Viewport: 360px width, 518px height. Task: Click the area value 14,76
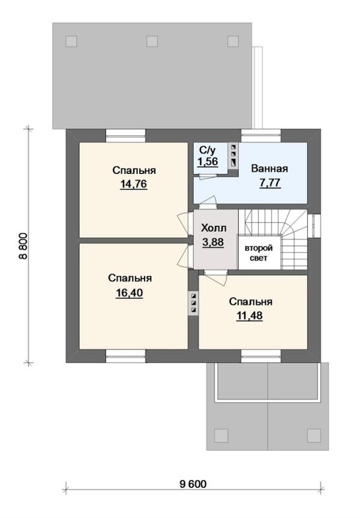134,184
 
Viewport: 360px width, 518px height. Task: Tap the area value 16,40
130,293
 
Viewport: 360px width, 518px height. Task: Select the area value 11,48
250,316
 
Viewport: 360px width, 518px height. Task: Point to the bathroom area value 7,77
270,182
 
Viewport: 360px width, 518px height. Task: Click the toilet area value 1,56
208,162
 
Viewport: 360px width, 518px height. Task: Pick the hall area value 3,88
213,242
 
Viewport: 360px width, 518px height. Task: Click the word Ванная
269,169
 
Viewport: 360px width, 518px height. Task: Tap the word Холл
214,228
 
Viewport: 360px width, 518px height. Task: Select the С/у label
208,150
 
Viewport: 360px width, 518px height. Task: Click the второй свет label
259,253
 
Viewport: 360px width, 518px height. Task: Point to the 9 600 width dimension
193,484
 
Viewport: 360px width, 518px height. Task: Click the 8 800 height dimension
23,246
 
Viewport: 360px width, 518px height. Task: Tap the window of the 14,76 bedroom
125,135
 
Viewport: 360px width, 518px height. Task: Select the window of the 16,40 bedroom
125,357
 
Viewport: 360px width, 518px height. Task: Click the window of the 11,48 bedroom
261,357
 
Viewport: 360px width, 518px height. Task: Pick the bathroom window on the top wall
261,135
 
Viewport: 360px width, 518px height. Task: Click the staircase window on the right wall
314,226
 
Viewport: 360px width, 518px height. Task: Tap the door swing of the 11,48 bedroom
215,278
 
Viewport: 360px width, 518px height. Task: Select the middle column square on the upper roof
152,41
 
